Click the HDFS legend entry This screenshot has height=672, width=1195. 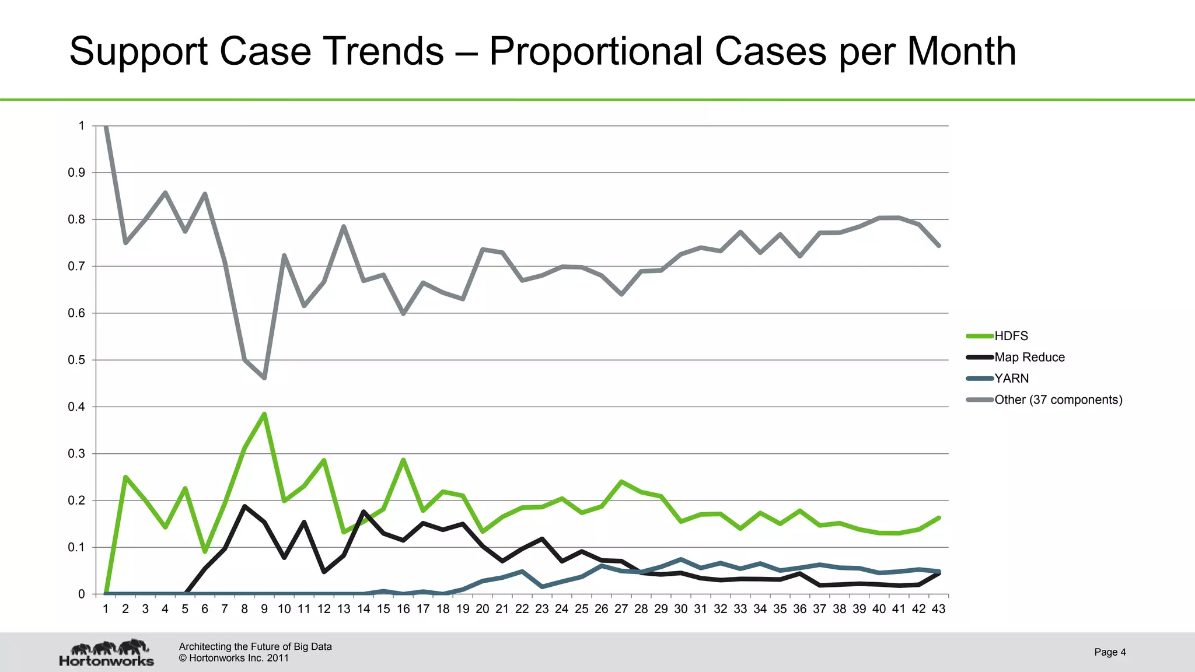click(1011, 336)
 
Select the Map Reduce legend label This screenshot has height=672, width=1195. click(1029, 357)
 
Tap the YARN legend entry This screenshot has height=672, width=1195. click(1011, 378)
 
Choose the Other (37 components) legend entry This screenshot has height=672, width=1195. click(1058, 400)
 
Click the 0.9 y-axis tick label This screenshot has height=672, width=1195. click(76, 173)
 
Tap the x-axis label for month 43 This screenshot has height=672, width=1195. click(938, 609)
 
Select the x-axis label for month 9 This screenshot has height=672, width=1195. click(264, 609)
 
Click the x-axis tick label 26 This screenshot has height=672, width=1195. click(601, 609)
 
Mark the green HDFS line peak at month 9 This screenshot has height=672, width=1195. click(264, 414)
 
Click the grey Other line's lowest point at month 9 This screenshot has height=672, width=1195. click(264, 378)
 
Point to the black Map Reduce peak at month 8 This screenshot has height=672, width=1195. click(244, 506)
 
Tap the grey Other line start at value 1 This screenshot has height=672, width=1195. click(106, 127)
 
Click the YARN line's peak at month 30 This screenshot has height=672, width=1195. click(681, 559)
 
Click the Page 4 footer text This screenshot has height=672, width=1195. click(1110, 652)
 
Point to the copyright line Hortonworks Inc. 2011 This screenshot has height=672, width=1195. click(233, 658)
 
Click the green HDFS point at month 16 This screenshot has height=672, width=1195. click(403, 460)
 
